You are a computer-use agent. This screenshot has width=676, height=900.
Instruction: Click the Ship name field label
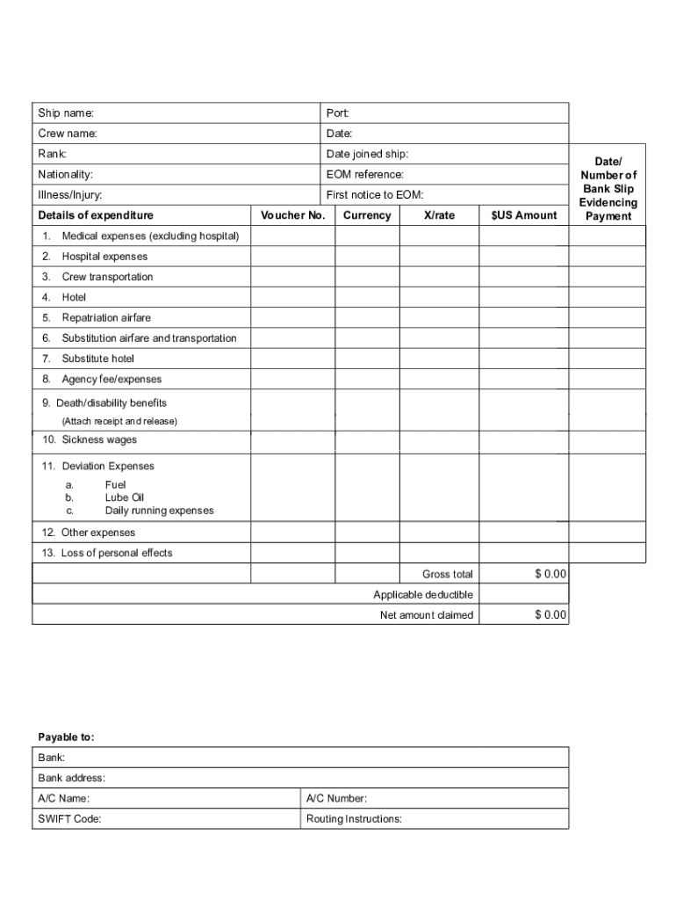tap(66, 113)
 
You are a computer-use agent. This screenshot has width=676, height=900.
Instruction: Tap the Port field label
tap(338, 113)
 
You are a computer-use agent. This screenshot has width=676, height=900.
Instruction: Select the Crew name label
tap(68, 134)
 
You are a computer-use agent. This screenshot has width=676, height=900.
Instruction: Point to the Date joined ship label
tap(367, 154)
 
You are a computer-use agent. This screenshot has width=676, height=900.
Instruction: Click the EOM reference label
tap(364, 174)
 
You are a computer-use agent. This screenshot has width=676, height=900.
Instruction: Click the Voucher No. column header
tap(293, 215)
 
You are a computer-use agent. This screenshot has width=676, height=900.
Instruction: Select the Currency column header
tap(367, 215)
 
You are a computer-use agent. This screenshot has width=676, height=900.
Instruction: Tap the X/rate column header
tap(439, 215)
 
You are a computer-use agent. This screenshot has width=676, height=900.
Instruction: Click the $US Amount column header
tap(524, 215)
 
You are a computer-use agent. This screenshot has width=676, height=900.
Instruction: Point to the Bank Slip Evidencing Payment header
tap(608, 189)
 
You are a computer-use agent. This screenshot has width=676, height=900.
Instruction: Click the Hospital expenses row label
tap(104, 257)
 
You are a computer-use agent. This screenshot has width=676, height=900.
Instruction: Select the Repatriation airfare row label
tap(106, 317)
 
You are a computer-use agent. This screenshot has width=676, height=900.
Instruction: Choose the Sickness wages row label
tap(98, 439)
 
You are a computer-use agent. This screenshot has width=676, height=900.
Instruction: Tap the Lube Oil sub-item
tap(125, 497)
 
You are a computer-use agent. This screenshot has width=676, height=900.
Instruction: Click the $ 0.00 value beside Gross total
tap(550, 574)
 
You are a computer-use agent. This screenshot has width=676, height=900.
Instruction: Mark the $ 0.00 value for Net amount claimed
tap(550, 615)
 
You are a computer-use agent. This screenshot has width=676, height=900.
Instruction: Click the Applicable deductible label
tap(423, 595)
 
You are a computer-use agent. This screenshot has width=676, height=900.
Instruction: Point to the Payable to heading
tap(66, 737)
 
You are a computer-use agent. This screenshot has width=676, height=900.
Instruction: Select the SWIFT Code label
tap(69, 818)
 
